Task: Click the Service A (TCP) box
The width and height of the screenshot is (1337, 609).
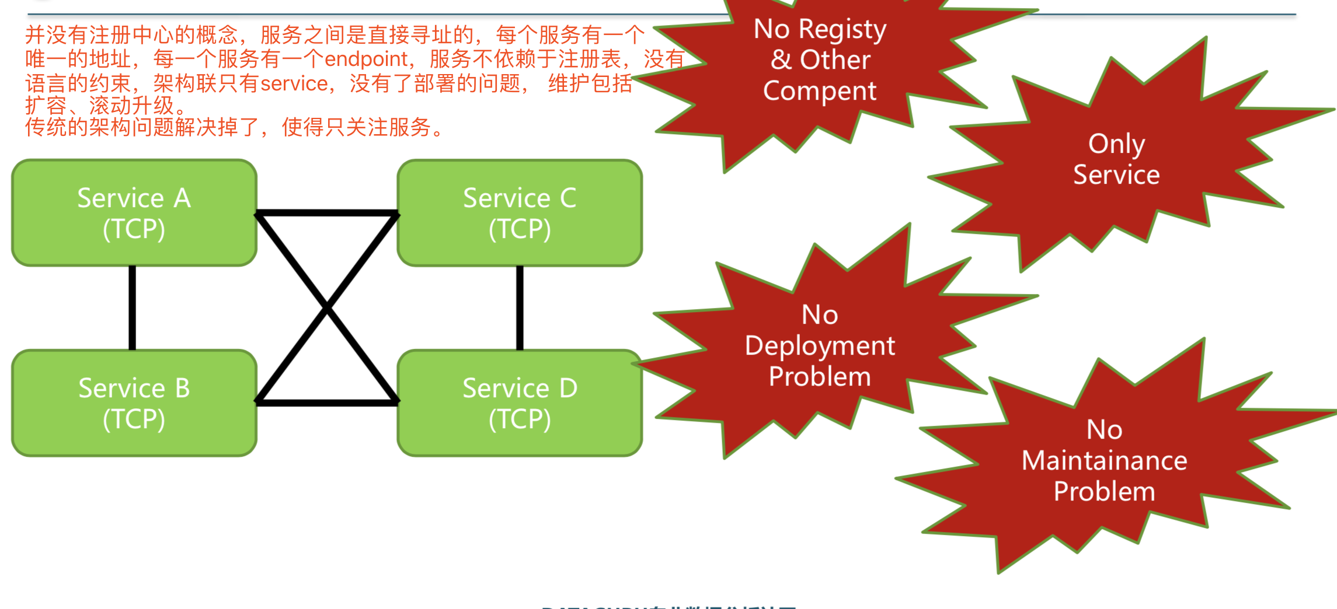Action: (134, 213)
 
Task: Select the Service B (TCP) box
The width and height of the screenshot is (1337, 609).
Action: (134, 403)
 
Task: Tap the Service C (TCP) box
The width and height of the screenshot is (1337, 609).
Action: (520, 213)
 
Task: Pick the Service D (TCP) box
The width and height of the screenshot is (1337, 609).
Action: (520, 403)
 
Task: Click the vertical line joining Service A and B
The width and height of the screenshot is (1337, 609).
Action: (133, 308)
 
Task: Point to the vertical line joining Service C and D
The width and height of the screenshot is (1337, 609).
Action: (520, 308)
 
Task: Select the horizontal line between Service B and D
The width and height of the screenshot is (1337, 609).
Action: (327, 402)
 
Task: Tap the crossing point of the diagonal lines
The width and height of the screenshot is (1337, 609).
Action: (327, 307)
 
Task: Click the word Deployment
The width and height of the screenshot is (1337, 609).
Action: (820, 346)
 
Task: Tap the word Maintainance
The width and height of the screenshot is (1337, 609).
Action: (1104, 461)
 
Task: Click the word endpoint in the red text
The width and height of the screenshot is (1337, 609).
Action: (366, 60)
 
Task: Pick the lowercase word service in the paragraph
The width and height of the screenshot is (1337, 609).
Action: (294, 84)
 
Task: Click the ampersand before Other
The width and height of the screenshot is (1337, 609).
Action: (781, 60)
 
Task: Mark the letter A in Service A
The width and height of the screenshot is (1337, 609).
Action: (182, 198)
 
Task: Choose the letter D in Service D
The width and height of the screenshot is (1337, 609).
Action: (568, 388)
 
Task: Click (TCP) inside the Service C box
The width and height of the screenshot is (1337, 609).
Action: (520, 229)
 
